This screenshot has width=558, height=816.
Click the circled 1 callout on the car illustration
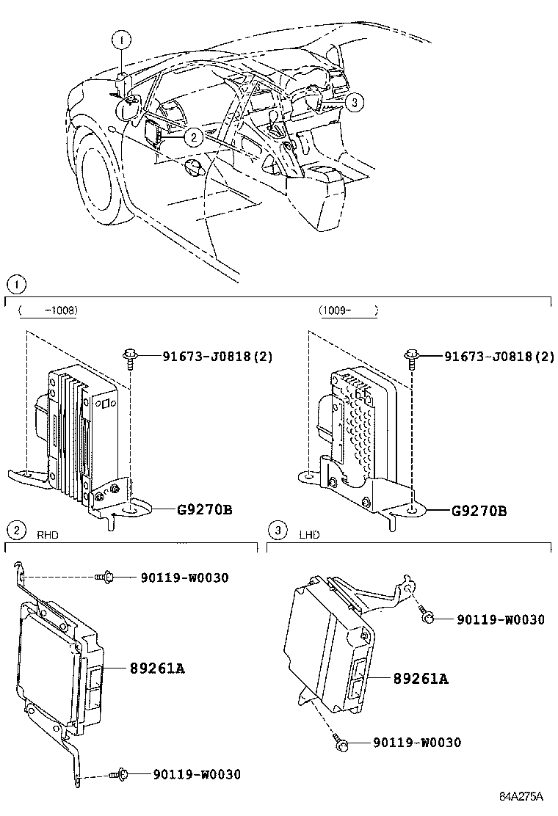click(x=122, y=39)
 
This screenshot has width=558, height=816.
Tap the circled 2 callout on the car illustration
click(x=192, y=136)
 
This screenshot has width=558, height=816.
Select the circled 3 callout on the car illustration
click(x=354, y=103)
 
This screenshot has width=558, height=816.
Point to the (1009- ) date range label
click(x=348, y=310)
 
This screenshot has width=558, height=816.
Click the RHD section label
click(x=48, y=535)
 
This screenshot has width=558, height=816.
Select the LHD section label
click(x=309, y=535)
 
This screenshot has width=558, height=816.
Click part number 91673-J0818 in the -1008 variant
click(x=217, y=357)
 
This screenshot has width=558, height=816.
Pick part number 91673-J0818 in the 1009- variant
click(x=499, y=357)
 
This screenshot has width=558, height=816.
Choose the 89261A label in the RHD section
click(x=156, y=669)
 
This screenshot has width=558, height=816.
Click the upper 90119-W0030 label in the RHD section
click(x=184, y=578)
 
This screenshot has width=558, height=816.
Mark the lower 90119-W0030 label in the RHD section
click(x=197, y=774)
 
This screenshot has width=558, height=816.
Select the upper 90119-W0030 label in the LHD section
click(x=501, y=620)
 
